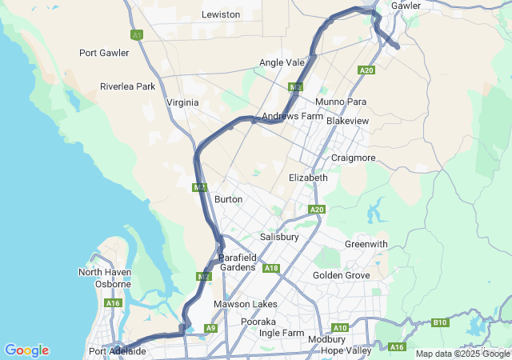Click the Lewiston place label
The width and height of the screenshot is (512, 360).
[x=221, y=14]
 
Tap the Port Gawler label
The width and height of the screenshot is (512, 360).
[x=104, y=53]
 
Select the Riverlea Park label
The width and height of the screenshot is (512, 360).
[x=127, y=86]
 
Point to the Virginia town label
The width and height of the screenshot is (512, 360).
[x=182, y=102]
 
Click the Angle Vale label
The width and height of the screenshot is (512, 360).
[x=282, y=62]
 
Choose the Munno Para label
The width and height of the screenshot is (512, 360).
[x=340, y=102]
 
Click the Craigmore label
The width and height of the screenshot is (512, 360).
[x=353, y=158]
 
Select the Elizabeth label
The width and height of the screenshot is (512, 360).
[x=308, y=178]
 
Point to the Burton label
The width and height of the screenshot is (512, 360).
[x=229, y=198]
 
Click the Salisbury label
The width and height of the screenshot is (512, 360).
[x=279, y=238]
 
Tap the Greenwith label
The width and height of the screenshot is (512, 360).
[x=366, y=244]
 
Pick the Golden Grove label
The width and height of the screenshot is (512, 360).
[x=342, y=275]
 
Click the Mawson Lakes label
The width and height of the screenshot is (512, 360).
[x=245, y=304]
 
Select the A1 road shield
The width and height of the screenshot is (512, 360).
[x=137, y=35]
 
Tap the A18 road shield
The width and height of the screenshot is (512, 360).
[x=271, y=268]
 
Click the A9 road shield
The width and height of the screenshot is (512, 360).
[x=210, y=328]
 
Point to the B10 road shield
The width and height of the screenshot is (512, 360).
[x=440, y=322]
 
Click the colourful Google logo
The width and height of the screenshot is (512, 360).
[x=26, y=350]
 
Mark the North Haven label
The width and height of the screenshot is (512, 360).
[x=104, y=272]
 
